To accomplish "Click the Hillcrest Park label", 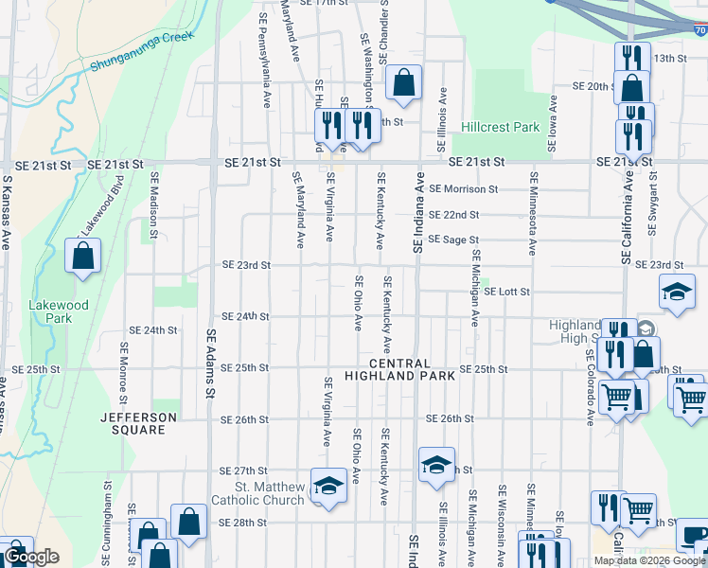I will click(x=500, y=127).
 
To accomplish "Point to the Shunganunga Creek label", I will click(x=142, y=52).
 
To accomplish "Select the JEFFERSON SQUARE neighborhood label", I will click(x=140, y=423).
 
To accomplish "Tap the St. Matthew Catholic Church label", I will click(x=270, y=494).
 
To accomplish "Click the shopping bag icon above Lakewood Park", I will click(x=83, y=256).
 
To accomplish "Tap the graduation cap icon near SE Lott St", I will click(x=677, y=292).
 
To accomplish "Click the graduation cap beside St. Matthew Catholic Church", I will click(x=327, y=486).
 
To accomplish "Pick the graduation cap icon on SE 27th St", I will click(x=436, y=465).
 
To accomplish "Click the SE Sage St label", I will click(x=453, y=240).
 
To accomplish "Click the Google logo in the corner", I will click(x=31, y=557).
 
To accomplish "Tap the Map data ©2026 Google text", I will click(x=649, y=560).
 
